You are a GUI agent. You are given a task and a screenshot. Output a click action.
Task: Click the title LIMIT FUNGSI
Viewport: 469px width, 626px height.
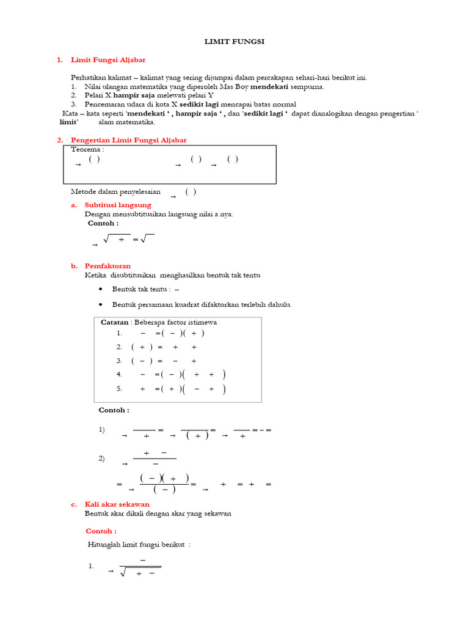[234, 41]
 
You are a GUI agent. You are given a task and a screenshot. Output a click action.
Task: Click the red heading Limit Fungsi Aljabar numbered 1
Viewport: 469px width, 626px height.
[108, 60]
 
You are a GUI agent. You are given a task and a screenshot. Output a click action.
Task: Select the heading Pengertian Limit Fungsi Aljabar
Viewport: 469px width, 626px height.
[129, 140]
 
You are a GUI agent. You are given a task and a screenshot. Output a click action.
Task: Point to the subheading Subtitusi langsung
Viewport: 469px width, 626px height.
[118, 205]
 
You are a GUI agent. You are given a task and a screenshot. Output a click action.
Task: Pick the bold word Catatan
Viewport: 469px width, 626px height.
[114, 322]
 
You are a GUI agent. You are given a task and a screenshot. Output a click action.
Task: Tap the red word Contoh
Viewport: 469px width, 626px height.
[101, 531]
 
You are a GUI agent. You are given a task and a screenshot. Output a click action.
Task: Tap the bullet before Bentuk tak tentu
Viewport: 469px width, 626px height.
[100, 289]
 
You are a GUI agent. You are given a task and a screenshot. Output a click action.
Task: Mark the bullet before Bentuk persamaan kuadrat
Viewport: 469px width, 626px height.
[100, 304]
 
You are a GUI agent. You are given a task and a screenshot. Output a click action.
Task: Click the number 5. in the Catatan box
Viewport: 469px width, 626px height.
[120, 389]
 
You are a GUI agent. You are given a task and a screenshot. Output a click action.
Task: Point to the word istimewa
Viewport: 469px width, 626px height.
[203, 322]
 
